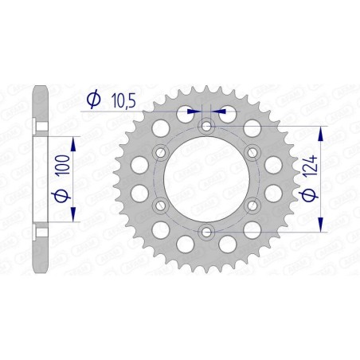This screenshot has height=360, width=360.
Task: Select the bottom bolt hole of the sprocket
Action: point(207,231)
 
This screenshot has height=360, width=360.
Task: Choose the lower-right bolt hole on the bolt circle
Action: point(253,205)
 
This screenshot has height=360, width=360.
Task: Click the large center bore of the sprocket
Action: point(207,178)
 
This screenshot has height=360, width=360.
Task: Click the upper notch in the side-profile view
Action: point(38,125)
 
